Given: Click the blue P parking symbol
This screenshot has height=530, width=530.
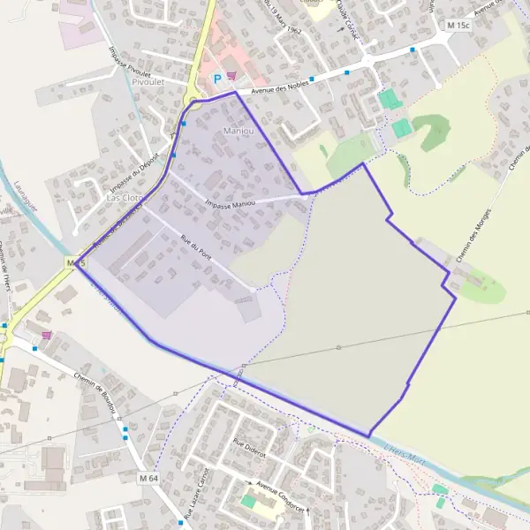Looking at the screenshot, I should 217,79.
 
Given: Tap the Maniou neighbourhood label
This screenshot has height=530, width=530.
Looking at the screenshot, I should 238,132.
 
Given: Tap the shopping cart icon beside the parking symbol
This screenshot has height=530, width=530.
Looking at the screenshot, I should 231,77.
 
